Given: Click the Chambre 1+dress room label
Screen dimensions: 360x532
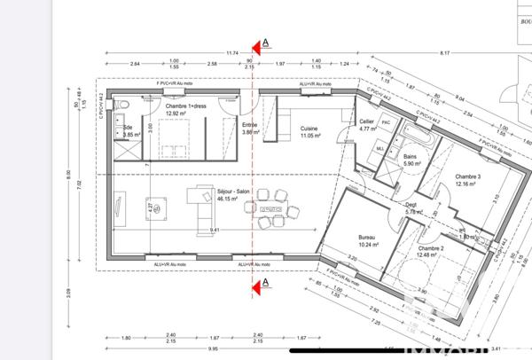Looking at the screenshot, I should click(x=185, y=109).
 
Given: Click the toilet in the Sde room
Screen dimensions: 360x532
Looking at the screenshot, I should click(x=126, y=108).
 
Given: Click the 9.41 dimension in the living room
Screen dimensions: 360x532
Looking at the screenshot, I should click(x=215, y=230).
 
